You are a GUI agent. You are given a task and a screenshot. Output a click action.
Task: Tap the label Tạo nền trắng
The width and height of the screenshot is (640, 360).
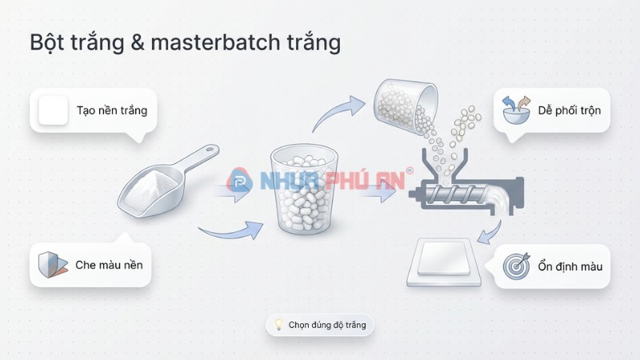(112, 110)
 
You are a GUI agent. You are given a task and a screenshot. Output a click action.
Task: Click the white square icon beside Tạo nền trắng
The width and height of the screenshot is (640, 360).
(54, 110)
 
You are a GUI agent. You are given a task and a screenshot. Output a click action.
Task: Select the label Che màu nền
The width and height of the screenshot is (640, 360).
(110, 264)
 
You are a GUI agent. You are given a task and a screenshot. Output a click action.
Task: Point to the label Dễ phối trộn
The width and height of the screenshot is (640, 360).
(567, 110)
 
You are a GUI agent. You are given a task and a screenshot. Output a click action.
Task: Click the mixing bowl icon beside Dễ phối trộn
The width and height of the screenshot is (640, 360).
(517, 110)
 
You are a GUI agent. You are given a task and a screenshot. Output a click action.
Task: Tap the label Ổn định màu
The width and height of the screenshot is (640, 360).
(570, 266)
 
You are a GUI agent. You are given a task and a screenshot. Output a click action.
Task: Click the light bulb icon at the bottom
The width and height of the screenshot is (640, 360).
(278, 325)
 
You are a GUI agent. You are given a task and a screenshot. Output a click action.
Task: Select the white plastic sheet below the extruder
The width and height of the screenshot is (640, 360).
(445, 261)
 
